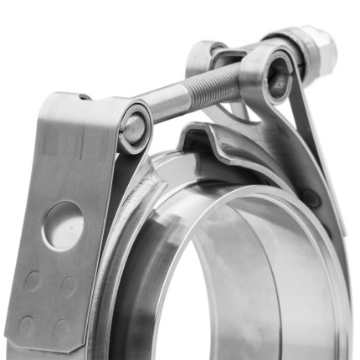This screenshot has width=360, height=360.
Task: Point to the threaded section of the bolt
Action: tap(213, 85)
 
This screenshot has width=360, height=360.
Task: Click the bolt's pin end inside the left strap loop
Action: tap(132, 126)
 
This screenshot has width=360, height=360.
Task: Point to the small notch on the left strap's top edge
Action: tap(84, 97)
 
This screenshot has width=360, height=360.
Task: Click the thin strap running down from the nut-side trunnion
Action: tap(306, 126)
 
